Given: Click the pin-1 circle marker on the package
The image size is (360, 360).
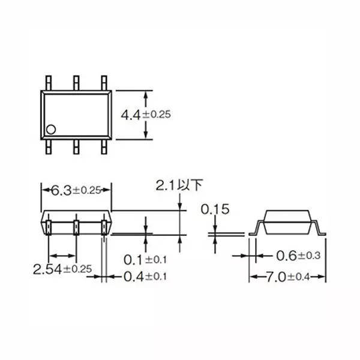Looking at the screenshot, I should click(x=52, y=128).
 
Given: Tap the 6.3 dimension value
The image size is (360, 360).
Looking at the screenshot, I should click(x=62, y=190).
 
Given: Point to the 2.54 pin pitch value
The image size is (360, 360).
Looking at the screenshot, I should click(x=47, y=268).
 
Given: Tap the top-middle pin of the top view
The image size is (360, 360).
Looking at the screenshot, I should click(x=76, y=83).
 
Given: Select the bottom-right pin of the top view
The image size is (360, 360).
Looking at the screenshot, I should click(x=104, y=146).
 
